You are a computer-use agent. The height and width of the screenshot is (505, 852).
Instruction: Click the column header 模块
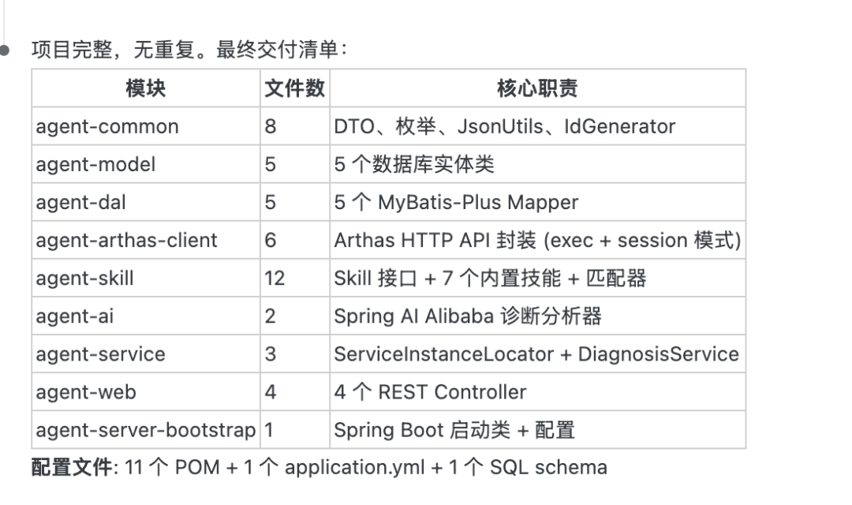[146, 88]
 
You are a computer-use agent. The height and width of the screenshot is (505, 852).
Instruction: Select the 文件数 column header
[294, 88]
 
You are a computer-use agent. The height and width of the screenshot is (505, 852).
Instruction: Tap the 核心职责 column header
[537, 88]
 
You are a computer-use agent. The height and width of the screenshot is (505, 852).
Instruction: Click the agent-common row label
[107, 126]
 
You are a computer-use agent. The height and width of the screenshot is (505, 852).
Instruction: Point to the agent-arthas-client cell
[126, 240]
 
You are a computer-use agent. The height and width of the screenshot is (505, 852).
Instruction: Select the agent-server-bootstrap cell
[146, 430]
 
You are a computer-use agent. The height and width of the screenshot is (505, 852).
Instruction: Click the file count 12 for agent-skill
[275, 278]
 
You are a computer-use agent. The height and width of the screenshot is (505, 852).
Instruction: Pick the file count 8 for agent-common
[271, 126]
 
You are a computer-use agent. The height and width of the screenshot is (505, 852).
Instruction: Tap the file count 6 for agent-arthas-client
[271, 240]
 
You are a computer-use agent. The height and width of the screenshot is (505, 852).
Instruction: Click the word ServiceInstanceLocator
[443, 354]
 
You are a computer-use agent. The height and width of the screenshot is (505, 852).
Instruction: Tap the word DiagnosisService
[659, 354]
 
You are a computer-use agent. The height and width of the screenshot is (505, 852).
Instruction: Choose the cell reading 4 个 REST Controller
[430, 392]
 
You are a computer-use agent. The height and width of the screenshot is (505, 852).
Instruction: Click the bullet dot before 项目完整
[6, 50]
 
